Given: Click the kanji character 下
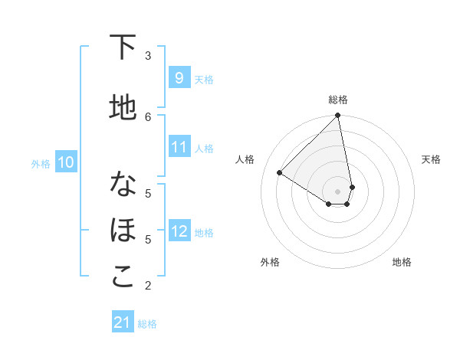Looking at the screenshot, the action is coord(123,47).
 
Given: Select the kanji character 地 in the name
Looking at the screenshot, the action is coord(123,109).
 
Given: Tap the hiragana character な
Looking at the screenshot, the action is coord(123,185).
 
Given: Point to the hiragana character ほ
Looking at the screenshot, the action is coord(123,231).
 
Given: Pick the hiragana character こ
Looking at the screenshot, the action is coord(123,277).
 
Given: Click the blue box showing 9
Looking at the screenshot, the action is coord(179,78).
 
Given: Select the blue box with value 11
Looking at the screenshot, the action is coord(179,147).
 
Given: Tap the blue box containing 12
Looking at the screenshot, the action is coord(179,231).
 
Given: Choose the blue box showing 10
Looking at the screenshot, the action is coord(66,162).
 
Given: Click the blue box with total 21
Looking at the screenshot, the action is coord(123,323).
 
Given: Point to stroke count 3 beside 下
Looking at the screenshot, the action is coord(148,55).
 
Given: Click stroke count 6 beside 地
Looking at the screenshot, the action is coord(148,116).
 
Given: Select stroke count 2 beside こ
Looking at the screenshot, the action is coord(148,286).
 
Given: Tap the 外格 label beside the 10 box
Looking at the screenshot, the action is coord(40,163).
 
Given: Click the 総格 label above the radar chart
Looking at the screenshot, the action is coord(338,100).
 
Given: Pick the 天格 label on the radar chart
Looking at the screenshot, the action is coord(431,159).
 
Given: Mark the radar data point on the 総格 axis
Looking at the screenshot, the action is coord(338,116).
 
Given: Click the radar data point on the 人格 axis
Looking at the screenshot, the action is coord(280,172).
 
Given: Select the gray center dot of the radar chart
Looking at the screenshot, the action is coord(338,191).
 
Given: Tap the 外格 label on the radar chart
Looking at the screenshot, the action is coord(270,262).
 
